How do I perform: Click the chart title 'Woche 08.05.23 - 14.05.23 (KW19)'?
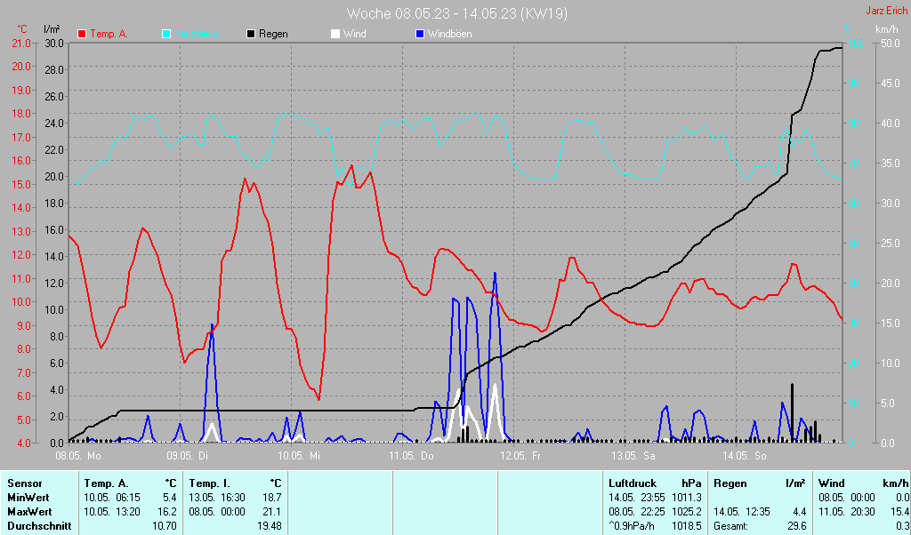(457, 13)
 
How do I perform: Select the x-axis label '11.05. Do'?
(411, 456)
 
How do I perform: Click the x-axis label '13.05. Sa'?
(633, 456)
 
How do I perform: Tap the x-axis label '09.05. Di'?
(188, 456)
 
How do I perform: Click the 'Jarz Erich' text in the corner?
(886, 12)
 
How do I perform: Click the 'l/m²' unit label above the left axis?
(52, 30)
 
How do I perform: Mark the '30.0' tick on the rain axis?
(54, 44)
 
